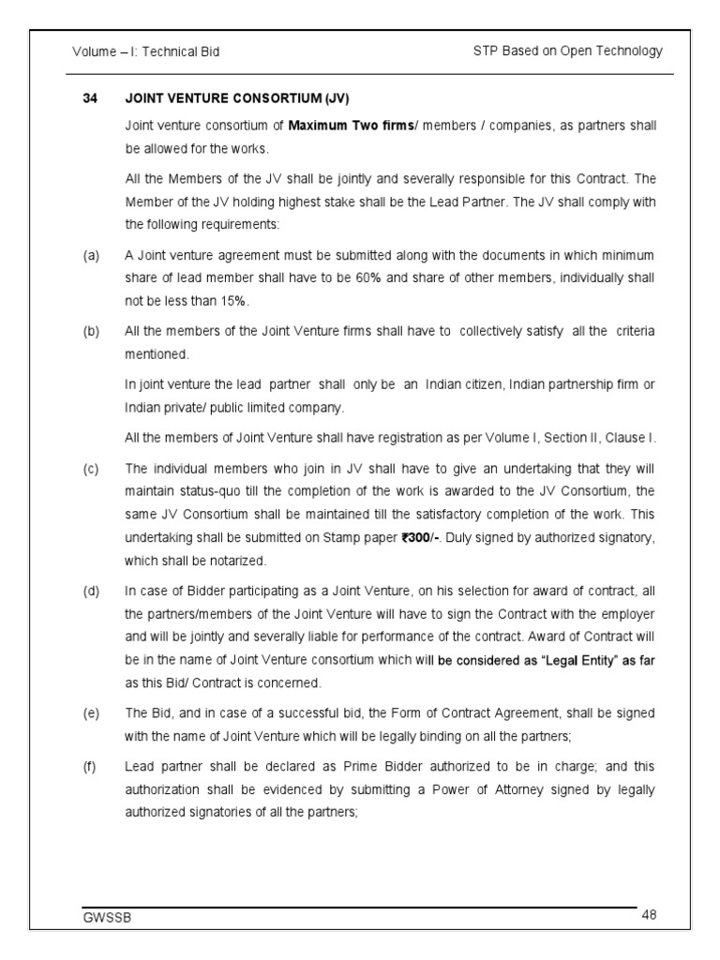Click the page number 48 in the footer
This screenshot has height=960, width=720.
(x=651, y=914)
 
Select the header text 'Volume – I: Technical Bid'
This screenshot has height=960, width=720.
(x=146, y=52)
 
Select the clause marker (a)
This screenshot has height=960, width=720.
(x=90, y=255)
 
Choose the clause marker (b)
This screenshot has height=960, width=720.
(x=90, y=332)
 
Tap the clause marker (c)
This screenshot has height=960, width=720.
(x=90, y=468)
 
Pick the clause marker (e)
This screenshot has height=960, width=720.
(x=90, y=713)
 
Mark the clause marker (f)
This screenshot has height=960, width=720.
(x=90, y=767)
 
